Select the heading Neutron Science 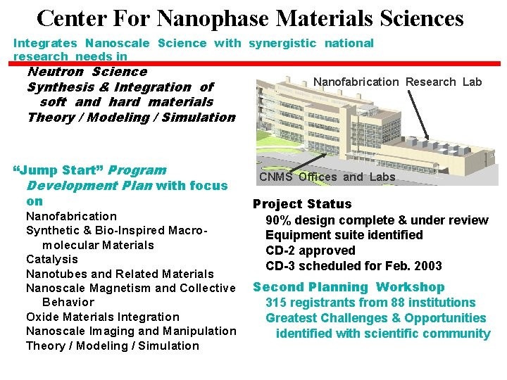pos(87,72)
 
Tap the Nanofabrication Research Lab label pos(397,82)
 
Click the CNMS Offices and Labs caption pos(327,177)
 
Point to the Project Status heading pos(301,204)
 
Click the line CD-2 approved pos(310,251)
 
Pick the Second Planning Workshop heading pos(349,287)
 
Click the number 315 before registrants pos(276,303)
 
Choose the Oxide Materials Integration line pos(102,317)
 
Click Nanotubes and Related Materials pos(119,274)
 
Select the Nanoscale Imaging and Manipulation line pos(131,331)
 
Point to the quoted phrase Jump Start pos(59,170)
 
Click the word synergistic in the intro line pos(282,44)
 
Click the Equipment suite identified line pos(344,235)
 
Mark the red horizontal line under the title pos(317,63)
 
